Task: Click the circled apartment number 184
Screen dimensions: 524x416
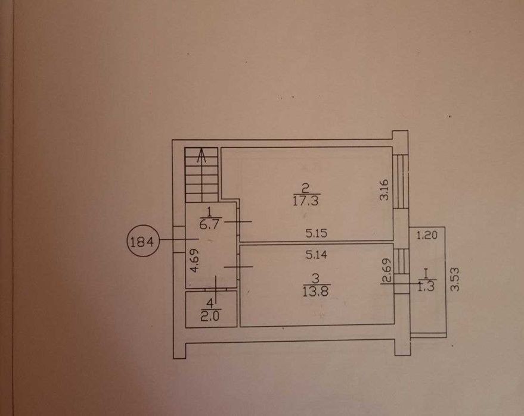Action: [x=142, y=241]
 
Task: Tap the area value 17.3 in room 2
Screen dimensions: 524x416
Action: [x=306, y=201]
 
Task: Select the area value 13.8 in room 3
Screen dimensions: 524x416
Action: [x=316, y=291]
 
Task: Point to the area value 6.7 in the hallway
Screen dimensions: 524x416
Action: [x=209, y=224]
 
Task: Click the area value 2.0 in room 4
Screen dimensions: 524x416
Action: [x=210, y=315]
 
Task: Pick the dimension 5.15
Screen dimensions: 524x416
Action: [x=316, y=233]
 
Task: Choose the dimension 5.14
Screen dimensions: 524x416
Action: [x=317, y=255]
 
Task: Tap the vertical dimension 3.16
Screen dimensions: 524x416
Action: [x=385, y=189]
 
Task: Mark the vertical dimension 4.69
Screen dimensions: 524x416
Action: [x=194, y=260]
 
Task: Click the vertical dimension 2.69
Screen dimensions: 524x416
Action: [x=387, y=271]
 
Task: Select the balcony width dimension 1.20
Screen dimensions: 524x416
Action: [x=427, y=236]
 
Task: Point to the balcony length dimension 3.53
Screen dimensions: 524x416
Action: [x=455, y=279]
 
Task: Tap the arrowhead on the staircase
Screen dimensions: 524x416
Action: [x=201, y=155]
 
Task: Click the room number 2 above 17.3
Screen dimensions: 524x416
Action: [x=305, y=189]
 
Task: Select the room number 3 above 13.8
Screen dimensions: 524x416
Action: [x=315, y=279]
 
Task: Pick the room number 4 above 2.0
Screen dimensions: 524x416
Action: [x=210, y=304]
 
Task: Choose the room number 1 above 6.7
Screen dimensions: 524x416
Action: [x=209, y=212]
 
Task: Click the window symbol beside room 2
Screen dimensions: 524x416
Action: [x=401, y=181]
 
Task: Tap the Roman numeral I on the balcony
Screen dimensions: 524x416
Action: [x=426, y=274]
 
